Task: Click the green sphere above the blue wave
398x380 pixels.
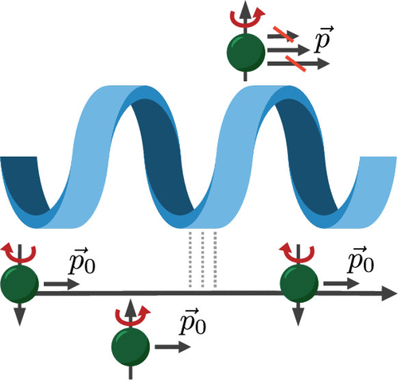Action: [246, 52]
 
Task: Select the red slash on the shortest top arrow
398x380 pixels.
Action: [283, 34]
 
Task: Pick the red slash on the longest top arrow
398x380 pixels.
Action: [295, 64]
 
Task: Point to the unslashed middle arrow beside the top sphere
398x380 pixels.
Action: [289, 49]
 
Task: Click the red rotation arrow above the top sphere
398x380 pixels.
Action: [247, 18]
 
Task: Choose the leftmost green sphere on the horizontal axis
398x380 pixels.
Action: [20, 285]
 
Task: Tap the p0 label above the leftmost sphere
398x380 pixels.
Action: [82, 261]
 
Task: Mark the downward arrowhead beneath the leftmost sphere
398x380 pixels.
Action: [20, 316]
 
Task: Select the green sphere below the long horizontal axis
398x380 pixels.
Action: [131, 347]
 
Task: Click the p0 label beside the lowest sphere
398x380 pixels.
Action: [193, 321]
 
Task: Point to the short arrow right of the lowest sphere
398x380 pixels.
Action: [173, 347]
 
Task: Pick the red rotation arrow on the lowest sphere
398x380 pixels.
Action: [132, 316]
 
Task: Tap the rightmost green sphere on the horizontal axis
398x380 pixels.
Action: [299, 284]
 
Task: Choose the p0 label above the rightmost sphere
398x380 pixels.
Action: [361, 259]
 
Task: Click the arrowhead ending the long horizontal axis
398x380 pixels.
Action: [389, 293]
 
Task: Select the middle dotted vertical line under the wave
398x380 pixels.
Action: [202, 260]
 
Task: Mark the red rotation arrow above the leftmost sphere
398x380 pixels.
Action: [18, 253]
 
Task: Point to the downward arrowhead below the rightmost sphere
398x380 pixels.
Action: [298, 316]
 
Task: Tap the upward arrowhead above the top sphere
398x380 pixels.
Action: [245, 10]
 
